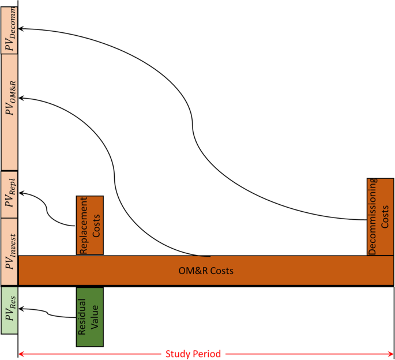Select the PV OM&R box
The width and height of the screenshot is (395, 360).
pos(9,112)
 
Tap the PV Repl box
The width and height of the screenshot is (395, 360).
pos(9,194)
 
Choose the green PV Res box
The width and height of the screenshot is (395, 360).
pos(9,310)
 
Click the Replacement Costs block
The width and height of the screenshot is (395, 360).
pos(89,225)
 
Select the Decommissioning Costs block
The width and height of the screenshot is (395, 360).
pos(380,216)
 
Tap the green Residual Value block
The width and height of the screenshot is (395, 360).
pos(89,317)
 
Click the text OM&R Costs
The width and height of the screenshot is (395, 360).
pos(206,270)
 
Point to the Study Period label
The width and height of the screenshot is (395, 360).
pos(193,354)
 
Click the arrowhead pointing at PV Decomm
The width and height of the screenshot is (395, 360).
pos(21,28)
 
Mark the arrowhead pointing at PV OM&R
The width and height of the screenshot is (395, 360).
pos(21,99)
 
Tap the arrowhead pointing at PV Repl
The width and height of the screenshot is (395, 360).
pos(21,194)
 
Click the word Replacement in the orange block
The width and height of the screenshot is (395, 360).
pos(84,225)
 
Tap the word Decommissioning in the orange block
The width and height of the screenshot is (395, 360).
pos(373,216)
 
